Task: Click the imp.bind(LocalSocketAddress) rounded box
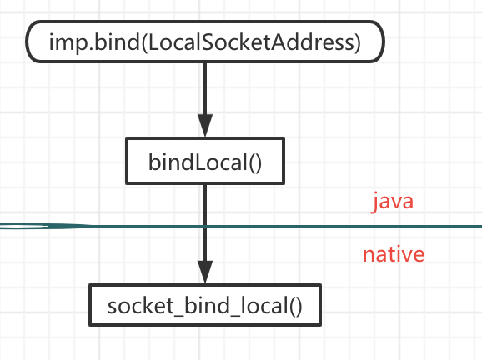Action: pos(205,42)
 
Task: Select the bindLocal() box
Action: pos(205,160)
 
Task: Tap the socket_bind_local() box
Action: pos(205,305)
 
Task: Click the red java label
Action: pos(393,202)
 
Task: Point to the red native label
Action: pos(393,254)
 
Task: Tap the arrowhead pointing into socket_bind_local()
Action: pos(205,272)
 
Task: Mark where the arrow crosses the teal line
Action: pos(205,226)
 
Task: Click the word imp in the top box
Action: pos(64,42)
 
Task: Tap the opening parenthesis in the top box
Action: pos(140,42)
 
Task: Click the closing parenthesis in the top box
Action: pos(356,42)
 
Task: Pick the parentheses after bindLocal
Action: pos(254,161)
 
